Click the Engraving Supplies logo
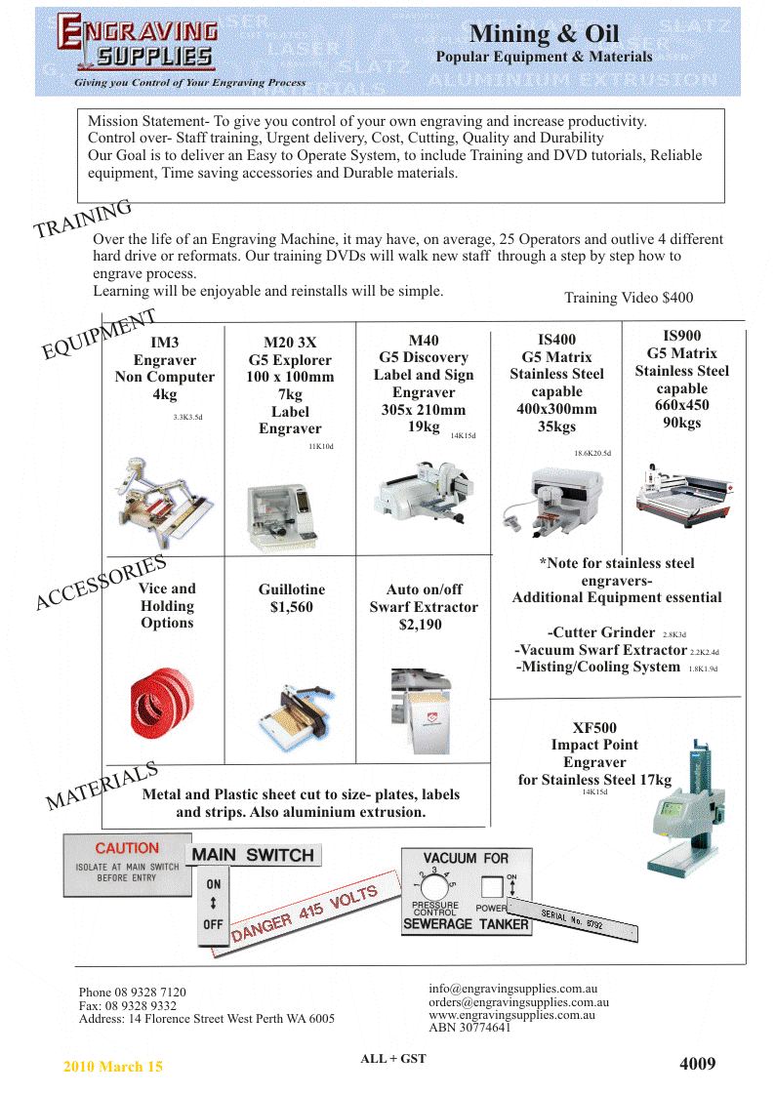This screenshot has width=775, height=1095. click(x=137, y=45)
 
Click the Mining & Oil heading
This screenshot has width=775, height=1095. click(x=544, y=34)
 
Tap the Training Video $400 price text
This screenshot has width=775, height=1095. click(x=629, y=297)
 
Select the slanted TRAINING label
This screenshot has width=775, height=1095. click(x=83, y=220)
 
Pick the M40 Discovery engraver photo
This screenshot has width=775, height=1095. click(x=424, y=498)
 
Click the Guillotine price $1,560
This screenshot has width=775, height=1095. click(x=292, y=607)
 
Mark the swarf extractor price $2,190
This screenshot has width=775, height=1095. click(x=423, y=625)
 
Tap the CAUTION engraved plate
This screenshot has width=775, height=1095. click(x=126, y=864)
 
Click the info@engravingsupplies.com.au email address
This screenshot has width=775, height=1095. click(x=513, y=989)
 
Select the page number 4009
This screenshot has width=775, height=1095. click(x=697, y=1063)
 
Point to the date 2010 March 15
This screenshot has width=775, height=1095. click(x=113, y=1067)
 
